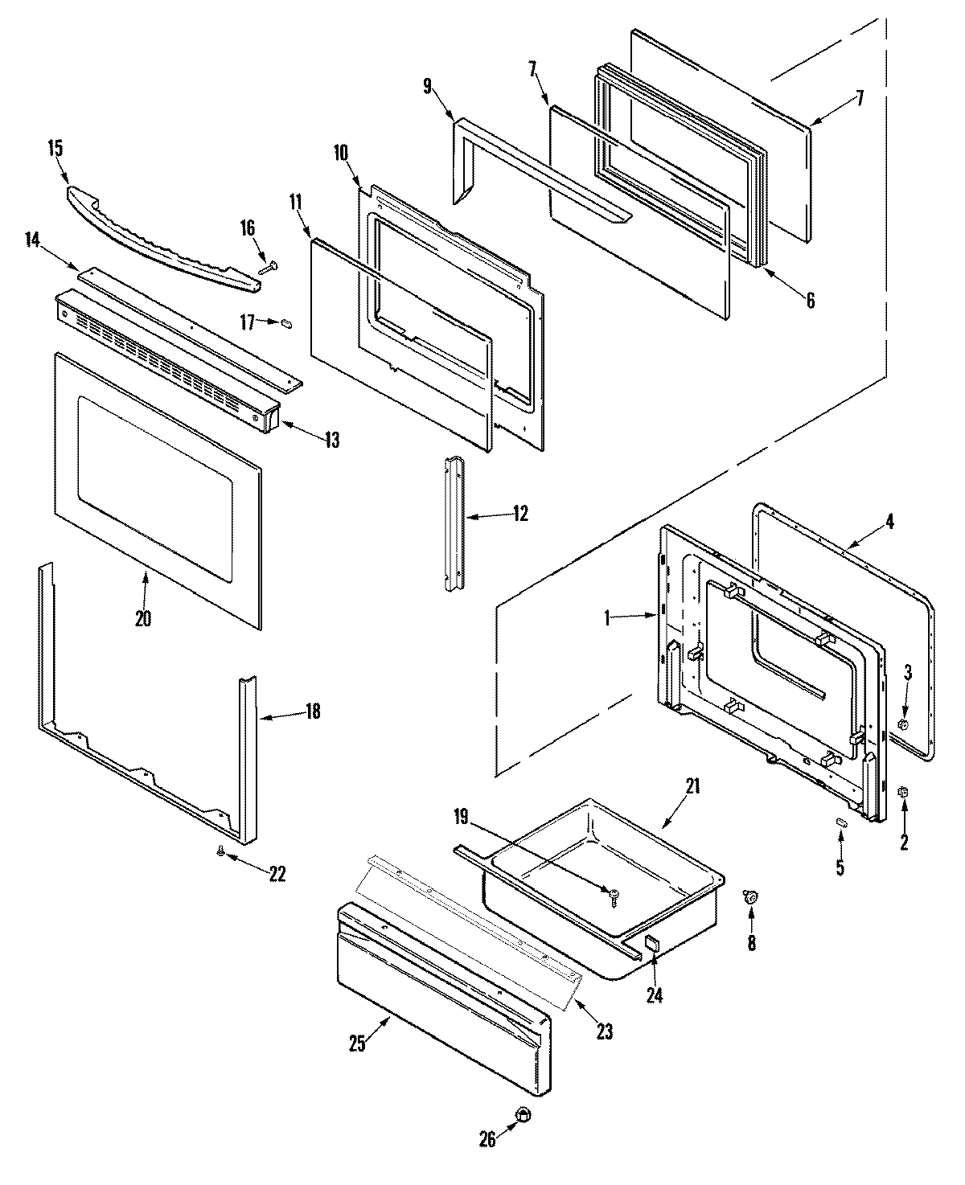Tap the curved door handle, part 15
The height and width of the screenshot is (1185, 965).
161,239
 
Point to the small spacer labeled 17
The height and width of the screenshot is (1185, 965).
285,323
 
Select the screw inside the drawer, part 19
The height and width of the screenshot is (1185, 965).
614,894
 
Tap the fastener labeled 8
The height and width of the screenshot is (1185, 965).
752,896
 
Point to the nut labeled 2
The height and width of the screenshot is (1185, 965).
902,793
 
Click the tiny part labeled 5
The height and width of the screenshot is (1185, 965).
840,822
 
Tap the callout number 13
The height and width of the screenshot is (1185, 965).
331,440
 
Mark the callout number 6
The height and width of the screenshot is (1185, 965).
810,301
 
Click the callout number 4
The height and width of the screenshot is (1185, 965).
889,521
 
